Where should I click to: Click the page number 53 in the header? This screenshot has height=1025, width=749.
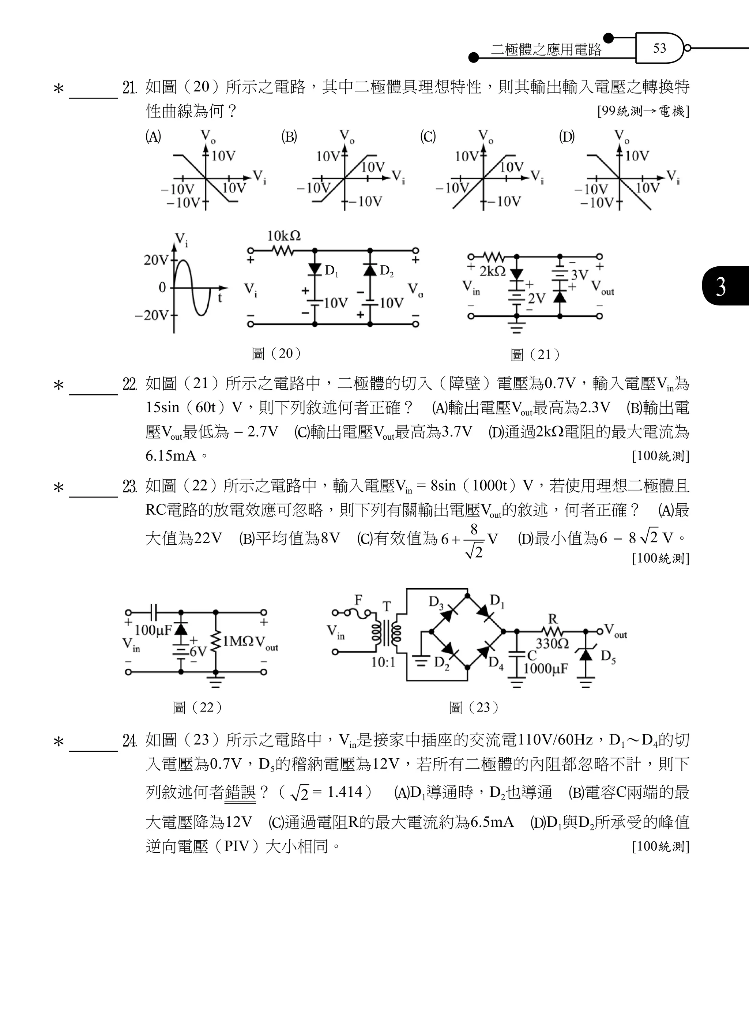(659, 48)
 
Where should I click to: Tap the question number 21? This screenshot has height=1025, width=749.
(130, 87)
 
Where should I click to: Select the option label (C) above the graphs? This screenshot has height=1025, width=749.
(428, 136)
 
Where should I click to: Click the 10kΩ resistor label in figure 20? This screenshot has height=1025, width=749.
(284, 236)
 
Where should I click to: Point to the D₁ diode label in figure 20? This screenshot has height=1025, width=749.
(331, 271)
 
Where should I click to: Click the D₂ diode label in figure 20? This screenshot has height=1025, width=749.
(386, 271)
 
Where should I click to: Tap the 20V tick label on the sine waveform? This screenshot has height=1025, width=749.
(155, 260)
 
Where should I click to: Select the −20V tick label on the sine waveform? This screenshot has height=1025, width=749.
(151, 315)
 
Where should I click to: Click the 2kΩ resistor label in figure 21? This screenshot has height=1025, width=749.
(492, 271)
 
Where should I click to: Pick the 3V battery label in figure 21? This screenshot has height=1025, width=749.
(579, 275)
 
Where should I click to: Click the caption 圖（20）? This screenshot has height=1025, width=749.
(276, 353)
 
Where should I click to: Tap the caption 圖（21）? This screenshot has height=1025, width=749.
(535, 355)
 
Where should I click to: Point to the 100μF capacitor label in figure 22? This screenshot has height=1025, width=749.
(153, 630)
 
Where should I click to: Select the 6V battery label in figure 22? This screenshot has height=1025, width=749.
(198, 651)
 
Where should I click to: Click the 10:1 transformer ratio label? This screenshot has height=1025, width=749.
(383, 662)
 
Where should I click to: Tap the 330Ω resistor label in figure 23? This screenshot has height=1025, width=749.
(552, 643)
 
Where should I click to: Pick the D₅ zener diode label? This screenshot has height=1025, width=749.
(608, 656)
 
